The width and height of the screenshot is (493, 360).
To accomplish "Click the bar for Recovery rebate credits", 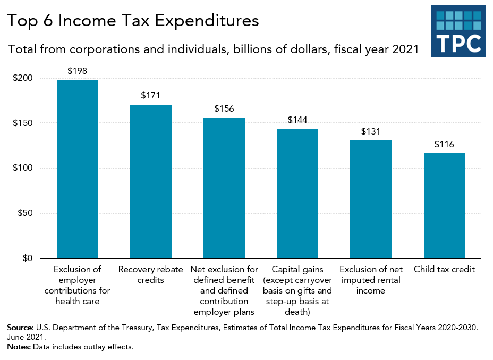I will click(x=151, y=181).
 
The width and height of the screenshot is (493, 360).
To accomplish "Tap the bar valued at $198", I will click(x=78, y=169).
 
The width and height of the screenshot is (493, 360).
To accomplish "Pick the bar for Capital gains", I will click(x=297, y=194).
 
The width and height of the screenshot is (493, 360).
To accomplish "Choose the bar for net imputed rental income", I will click(x=371, y=199).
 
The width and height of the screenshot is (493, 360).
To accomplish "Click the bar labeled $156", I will click(x=224, y=188).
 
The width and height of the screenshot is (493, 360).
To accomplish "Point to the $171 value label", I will click(x=151, y=96).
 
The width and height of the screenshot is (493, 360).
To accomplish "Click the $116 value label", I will click(x=444, y=144).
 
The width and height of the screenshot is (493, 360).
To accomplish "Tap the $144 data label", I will click(x=297, y=120).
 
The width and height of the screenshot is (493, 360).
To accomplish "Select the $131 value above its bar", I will click(x=371, y=131).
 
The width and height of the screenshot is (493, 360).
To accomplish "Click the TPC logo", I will click(x=458, y=31).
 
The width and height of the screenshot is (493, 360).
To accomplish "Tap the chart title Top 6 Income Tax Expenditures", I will click(x=133, y=20).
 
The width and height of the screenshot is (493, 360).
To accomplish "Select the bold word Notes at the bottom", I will click(x=19, y=347).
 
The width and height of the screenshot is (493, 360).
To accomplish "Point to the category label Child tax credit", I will click(x=444, y=270).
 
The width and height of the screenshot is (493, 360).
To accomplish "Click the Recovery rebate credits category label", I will click(x=151, y=274).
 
